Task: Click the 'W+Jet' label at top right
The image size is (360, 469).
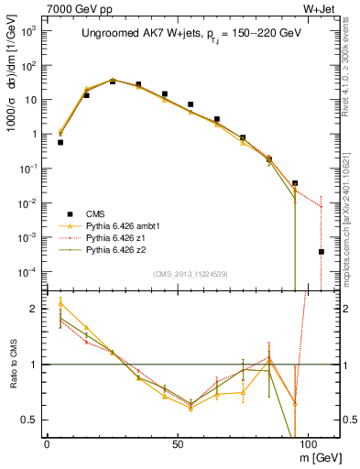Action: [x=320, y=8]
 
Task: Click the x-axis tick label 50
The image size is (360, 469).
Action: [x=177, y=442]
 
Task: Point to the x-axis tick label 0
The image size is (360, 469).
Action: [x=47, y=442]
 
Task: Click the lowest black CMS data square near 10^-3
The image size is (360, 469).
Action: [x=321, y=251]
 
